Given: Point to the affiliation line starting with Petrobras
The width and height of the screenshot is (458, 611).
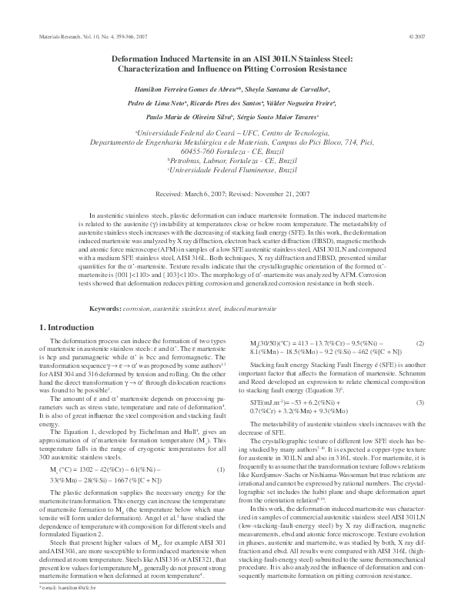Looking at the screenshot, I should [x=229, y=159].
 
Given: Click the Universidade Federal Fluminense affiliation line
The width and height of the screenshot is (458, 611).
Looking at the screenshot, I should [x=229, y=169].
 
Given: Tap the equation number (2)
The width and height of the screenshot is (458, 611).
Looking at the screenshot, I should [x=419, y=342].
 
